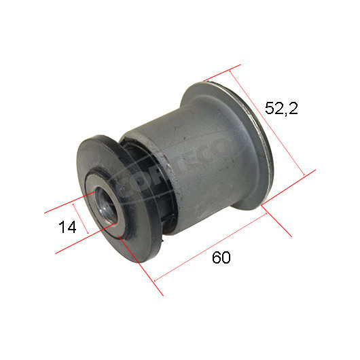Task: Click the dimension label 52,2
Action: coord(281,109)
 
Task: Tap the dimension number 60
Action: coord(221,257)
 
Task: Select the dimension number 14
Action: coord(67,227)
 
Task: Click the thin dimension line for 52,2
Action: coord(267,124)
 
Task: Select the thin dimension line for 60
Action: coord(211,247)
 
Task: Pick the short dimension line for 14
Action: coord(81,219)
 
